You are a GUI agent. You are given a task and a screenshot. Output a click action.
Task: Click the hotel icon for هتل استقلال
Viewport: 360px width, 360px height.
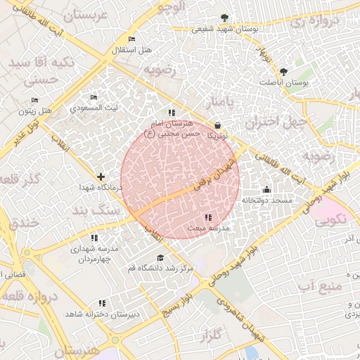[x=131, y=39]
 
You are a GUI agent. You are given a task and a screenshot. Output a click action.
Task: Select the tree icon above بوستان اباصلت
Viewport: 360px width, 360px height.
[x=283, y=72]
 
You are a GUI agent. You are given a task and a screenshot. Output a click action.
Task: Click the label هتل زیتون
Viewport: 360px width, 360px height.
[x=36, y=111]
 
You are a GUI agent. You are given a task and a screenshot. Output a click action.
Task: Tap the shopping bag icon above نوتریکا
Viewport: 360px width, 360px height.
[x=217, y=125]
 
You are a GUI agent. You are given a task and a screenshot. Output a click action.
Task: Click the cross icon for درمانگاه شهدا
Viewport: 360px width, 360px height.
[x=101, y=176]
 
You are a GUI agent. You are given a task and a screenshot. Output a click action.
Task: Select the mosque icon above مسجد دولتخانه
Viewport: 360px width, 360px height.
[x=266, y=189]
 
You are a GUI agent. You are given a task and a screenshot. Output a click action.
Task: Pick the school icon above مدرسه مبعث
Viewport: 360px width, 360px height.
[x=207, y=217]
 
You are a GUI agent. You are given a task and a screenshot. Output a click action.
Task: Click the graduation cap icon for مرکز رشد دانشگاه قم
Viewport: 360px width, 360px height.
[x=160, y=257]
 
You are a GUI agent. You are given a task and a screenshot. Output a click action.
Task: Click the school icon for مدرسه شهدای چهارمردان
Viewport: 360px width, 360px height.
[x=95, y=238]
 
